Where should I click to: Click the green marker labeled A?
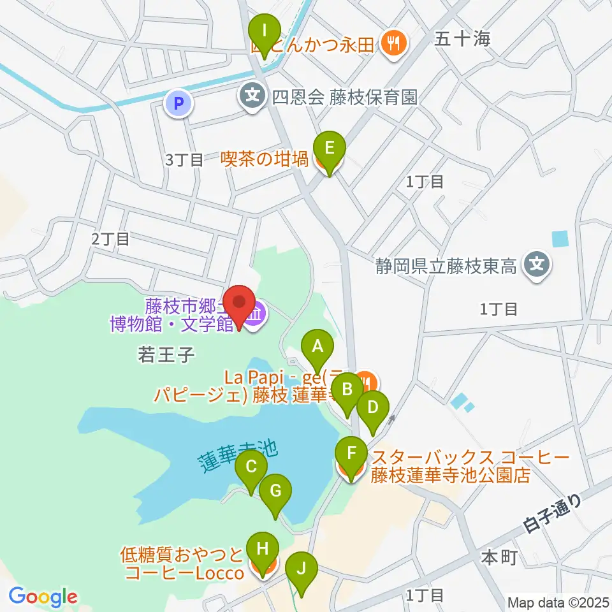[317, 347]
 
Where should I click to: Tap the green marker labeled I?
[265, 30]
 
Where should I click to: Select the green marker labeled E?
[329, 149]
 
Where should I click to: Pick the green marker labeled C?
[251, 467]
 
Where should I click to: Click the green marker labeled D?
[372, 406]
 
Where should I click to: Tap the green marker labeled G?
[275, 492]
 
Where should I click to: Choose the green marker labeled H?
[263, 548]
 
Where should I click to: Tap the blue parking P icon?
[178, 103]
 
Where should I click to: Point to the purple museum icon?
[256, 314]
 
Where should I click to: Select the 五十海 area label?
[463, 40]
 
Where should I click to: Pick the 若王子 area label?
[165, 354]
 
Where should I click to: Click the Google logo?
[43, 597]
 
